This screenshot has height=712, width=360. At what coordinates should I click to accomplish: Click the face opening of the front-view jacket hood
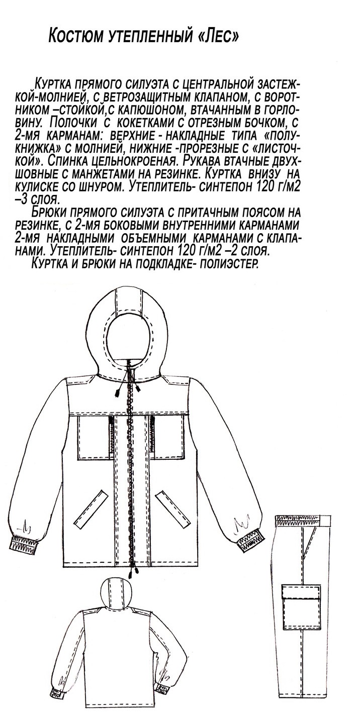click(129, 337)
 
